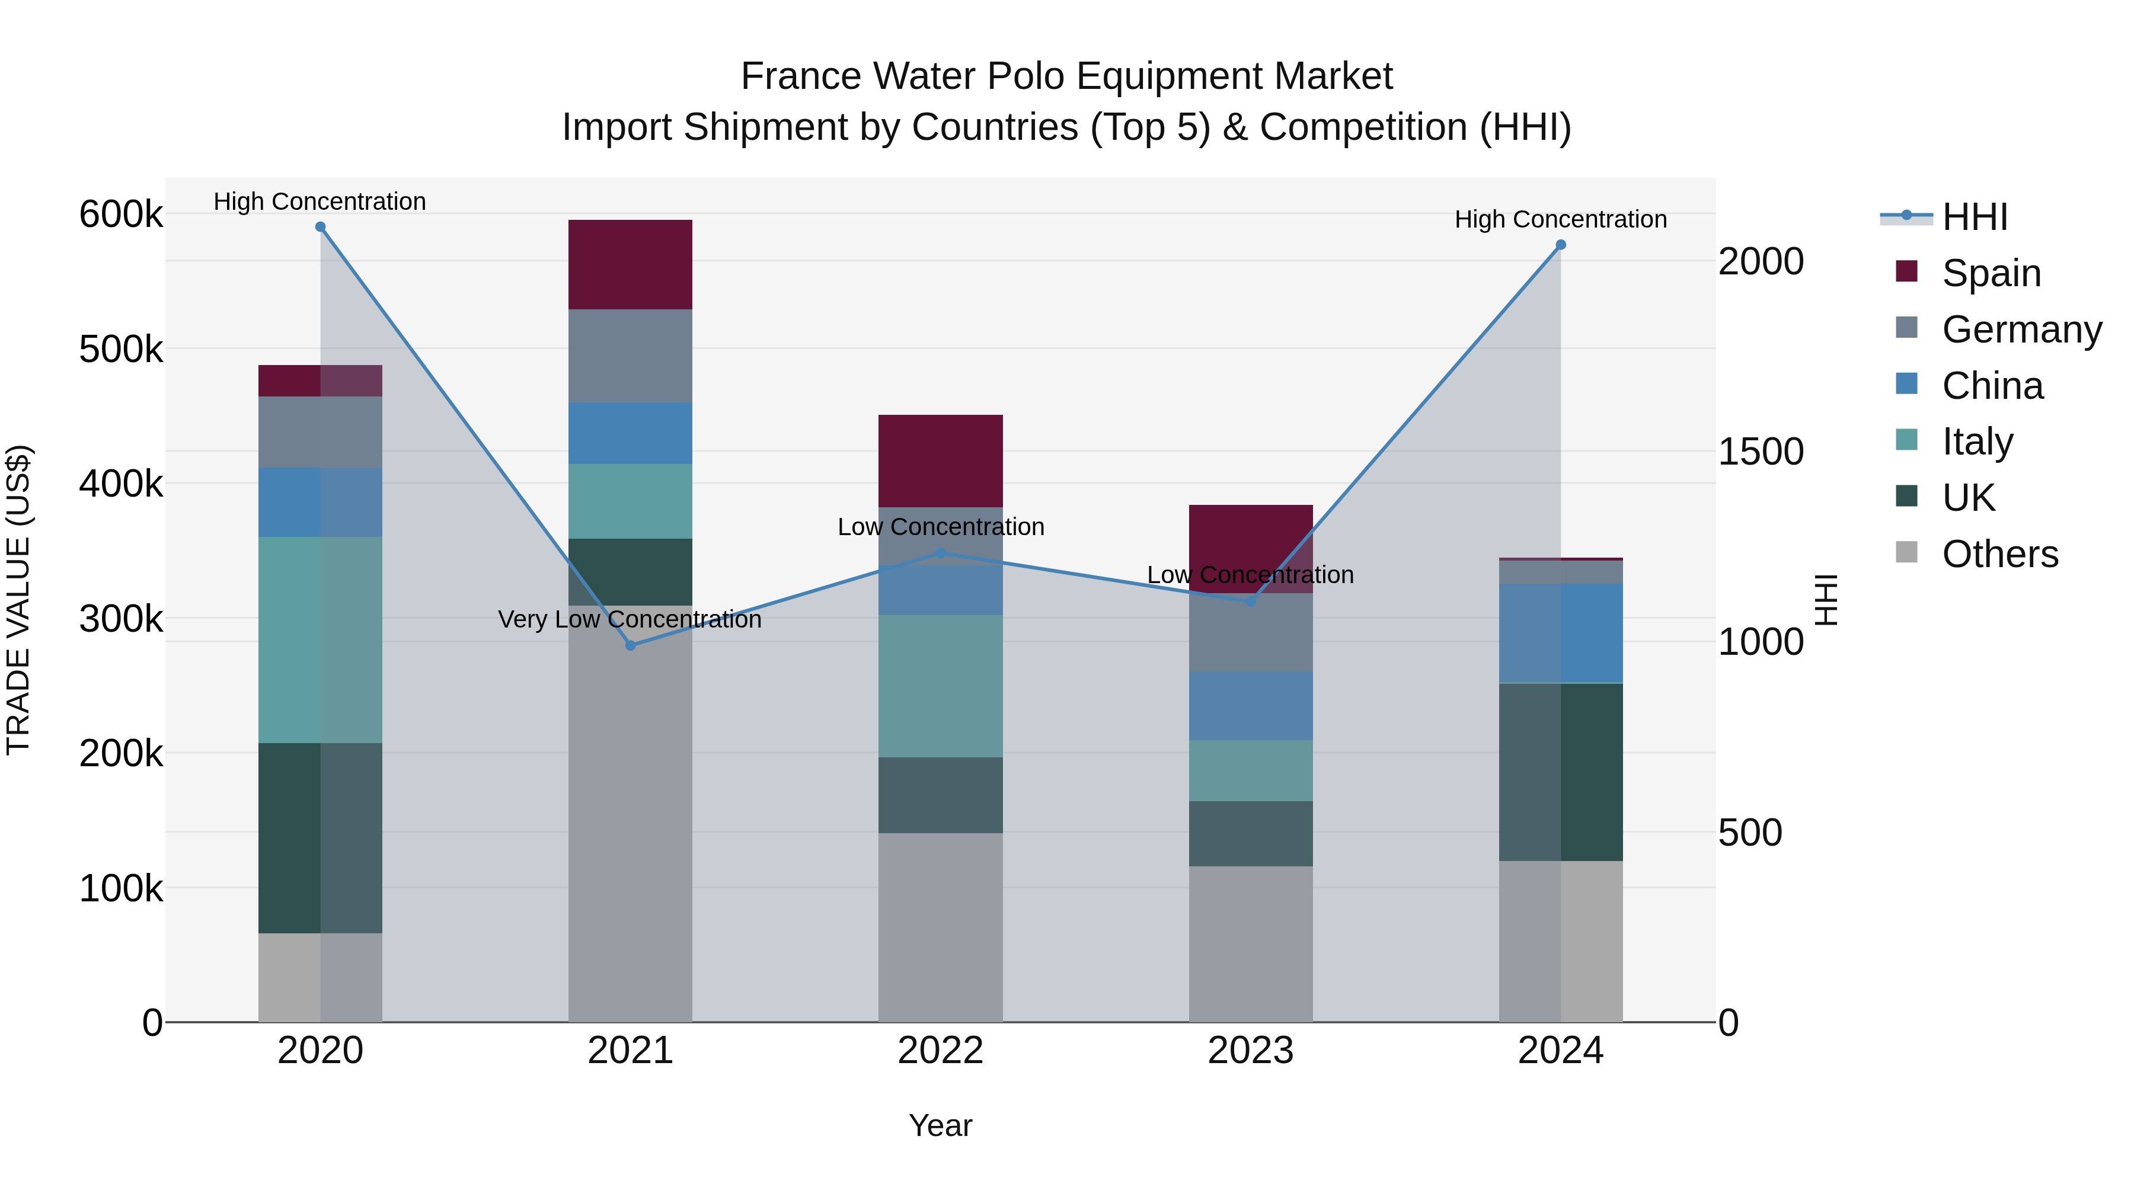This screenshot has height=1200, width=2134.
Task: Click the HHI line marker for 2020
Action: point(321,227)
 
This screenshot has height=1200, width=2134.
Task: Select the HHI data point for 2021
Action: point(631,645)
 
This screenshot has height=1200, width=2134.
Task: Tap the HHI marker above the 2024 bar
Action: point(1561,245)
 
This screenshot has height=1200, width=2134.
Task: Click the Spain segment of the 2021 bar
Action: point(631,265)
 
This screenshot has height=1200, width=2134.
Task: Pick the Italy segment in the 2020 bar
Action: point(321,639)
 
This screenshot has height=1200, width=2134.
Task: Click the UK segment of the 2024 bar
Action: point(1561,772)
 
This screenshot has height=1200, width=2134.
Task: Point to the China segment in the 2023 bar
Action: point(1251,706)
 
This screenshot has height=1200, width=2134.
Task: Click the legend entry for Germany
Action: point(2021,329)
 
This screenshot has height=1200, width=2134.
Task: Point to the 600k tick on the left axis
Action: point(121,215)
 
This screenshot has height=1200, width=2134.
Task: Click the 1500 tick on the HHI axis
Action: point(1761,452)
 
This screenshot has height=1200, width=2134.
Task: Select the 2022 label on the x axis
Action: point(940,1051)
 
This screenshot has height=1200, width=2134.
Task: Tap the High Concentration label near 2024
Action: point(1561,219)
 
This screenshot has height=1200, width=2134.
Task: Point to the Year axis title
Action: point(940,1125)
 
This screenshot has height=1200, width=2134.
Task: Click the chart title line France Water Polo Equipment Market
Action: point(1066,76)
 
